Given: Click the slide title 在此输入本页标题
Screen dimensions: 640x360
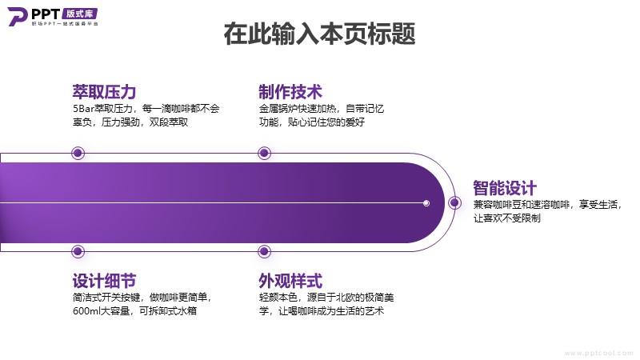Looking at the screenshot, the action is click(x=319, y=34).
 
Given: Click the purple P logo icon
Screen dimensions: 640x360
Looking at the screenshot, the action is click(x=18, y=16).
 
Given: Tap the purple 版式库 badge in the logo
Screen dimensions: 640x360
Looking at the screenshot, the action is click(x=80, y=14).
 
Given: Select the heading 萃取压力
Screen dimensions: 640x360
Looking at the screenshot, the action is click(x=104, y=92).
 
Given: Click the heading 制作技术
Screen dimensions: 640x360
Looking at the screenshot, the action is click(x=290, y=92).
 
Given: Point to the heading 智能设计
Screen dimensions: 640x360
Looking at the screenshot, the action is click(x=505, y=188).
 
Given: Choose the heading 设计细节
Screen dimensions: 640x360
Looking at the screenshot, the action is click(x=104, y=281).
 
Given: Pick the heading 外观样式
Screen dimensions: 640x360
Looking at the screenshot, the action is click(x=290, y=281).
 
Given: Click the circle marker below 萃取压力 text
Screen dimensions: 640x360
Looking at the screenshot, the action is click(x=78, y=153).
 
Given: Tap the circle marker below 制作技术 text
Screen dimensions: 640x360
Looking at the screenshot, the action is click(x=265, y=153).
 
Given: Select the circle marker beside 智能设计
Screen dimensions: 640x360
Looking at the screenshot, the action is click(x=454, y=203).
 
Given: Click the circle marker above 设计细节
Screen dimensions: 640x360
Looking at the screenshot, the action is click(x=78, y=251).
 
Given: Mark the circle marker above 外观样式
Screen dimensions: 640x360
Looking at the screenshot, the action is click(x=265, y=251).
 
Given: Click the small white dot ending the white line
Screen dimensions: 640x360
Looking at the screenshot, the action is click(x=426, y=203).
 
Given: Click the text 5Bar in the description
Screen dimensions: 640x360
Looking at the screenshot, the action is click(x=84, y=109).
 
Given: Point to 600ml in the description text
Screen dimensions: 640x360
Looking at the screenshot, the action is click(x=86, y=310).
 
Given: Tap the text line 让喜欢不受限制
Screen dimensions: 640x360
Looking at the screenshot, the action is click(x=507, y=218).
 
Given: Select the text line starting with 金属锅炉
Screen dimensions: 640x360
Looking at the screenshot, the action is click(x=322, y=109).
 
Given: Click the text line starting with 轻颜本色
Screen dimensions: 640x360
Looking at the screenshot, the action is click(x=326, y=297).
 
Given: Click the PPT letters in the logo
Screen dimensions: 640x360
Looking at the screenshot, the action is click(x=46, y=14).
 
